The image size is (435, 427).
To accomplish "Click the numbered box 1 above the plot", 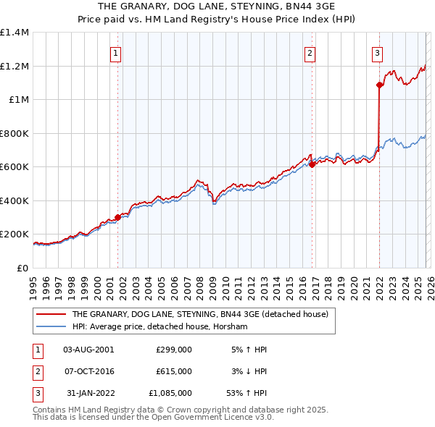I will coord(116,52).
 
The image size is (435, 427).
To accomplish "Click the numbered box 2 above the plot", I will coord(310,52).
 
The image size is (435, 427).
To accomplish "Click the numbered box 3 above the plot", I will coord(378,52).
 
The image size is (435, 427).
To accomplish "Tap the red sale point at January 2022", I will coord(379,85).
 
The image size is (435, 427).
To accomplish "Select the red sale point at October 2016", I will coord(312,164).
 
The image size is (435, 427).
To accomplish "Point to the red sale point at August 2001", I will coord(117,217).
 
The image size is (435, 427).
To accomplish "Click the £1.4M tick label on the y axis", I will coord(14,33).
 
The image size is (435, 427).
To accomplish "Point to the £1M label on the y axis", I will coord(18,100).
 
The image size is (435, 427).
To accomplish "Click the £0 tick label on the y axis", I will coord(22,268).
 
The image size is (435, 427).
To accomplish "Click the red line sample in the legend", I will coord(51,315).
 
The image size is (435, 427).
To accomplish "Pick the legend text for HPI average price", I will coord(159,327).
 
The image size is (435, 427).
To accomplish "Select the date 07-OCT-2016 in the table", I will coord(88,371).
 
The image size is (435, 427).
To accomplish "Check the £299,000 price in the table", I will coord(174,349).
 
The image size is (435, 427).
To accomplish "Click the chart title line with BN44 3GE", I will coord(217,6).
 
